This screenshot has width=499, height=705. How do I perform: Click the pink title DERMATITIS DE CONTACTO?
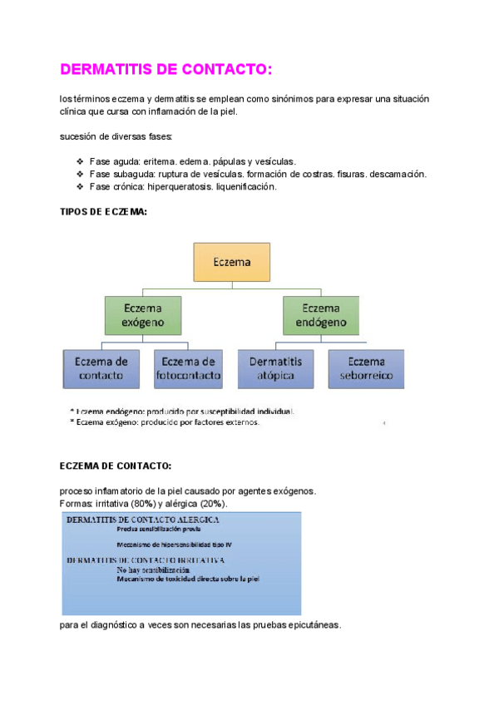coord(166,70)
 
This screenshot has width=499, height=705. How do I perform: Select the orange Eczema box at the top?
coord(231,262)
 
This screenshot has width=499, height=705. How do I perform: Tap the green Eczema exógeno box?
coord(143,315)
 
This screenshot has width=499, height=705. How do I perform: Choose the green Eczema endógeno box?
coord(321,315)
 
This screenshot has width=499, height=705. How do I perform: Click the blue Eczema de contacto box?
coord(101,368)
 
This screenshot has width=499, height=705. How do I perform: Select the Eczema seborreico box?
coord(366,368)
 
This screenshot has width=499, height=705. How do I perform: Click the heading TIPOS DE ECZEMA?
coord(104,212)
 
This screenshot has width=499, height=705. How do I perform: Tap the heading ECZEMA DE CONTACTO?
coord(116,466)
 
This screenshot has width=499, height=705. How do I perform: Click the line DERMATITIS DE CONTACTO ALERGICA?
coord(143,520)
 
